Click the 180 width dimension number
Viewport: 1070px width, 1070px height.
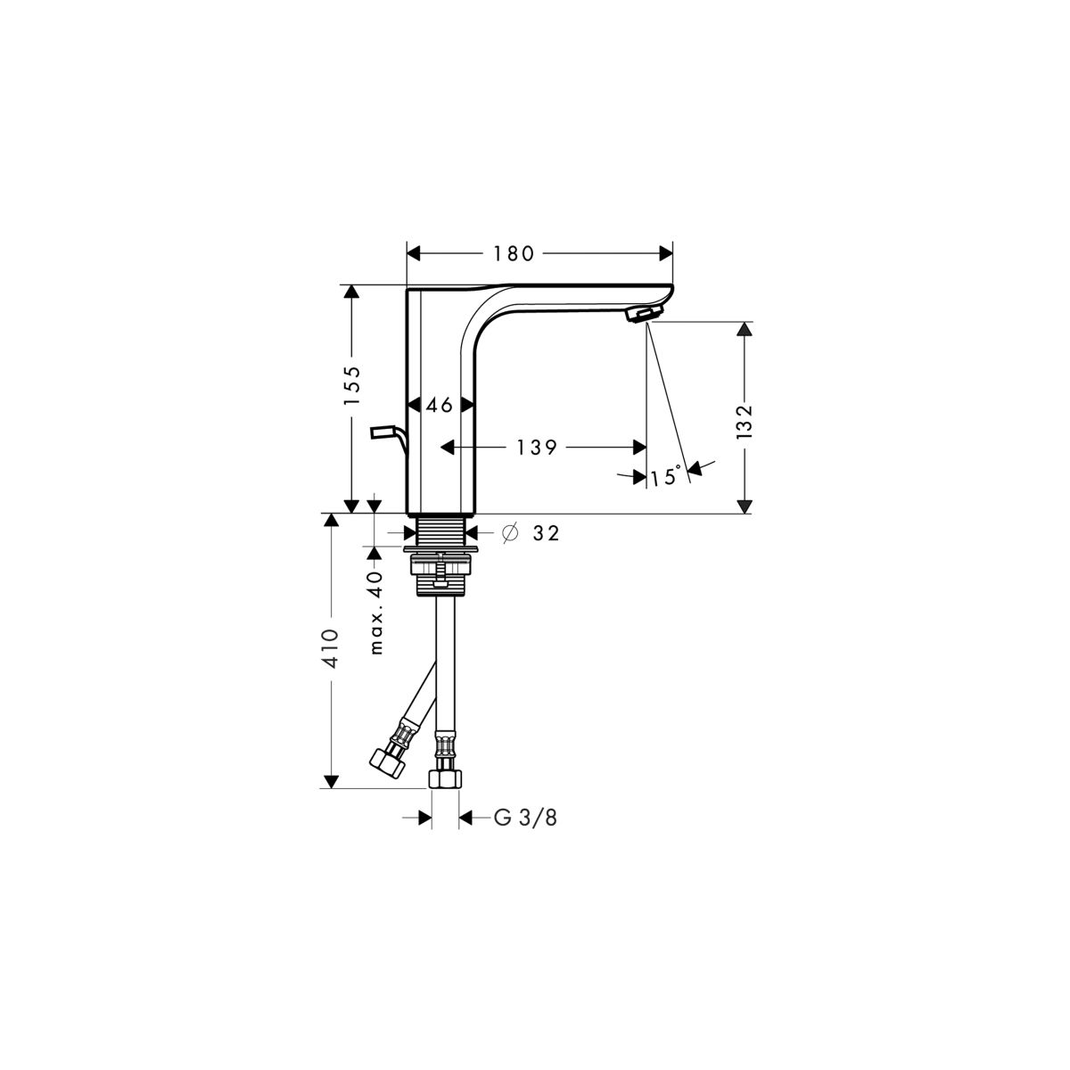point(513,254)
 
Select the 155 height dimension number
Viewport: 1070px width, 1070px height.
point(352,385)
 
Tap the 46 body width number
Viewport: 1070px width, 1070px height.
point(440,406)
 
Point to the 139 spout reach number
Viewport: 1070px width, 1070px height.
point(537,448)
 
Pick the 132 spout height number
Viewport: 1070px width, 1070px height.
point(744,422)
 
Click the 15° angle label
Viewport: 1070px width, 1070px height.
point(666,476)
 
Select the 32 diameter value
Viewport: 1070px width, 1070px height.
point(546,533)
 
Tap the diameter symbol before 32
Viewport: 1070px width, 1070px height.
point(510,533)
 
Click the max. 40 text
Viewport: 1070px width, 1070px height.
point(376,613)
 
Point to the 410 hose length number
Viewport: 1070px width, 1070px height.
point(331,648)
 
